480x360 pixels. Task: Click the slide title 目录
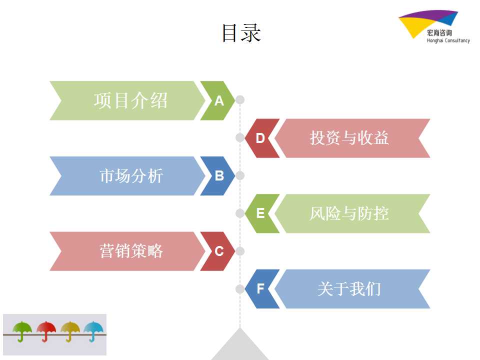(241, 33)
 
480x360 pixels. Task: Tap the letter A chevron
(218, 100)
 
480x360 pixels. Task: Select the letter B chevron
(218, 175)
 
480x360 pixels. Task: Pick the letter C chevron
(218, 251)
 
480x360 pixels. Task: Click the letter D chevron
(261, 138)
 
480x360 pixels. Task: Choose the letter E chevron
(261, 213)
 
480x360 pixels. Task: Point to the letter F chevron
(261, 288)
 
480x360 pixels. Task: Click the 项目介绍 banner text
(130, 100)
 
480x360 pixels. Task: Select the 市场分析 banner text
(131, 175)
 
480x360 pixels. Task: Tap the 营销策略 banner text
(131, 251)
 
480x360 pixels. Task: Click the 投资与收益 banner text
(349, 138)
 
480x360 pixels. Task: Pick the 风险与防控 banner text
(349, 213)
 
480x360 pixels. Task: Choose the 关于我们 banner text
(349, 288)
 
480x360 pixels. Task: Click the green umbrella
(22, 331)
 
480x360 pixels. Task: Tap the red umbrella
(46, 331)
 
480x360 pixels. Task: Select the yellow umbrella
(70, 331)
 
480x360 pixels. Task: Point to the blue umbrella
(93, 331)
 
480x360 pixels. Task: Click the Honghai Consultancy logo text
(448, 40)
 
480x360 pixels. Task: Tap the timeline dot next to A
(240, 100)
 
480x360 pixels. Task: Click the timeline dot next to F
(240, 288)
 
